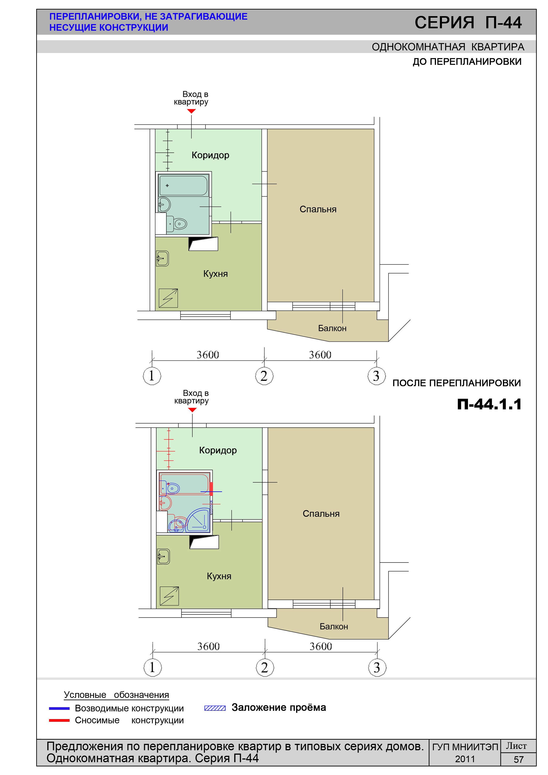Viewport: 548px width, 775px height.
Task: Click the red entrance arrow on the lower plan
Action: [x=192, y=410]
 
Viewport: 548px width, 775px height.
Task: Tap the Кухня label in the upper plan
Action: [x=215, y=274]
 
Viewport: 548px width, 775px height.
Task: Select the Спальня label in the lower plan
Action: [x=321, y=514]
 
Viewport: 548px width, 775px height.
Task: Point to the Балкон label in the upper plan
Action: [x=332, y=328]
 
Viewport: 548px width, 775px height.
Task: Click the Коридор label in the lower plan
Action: [x=218, y=450]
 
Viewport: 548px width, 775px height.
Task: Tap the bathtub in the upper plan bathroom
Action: [x=183, y=185]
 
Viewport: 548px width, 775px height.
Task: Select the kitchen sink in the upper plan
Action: [x=162, y=258]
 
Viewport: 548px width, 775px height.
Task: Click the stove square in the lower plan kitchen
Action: [x=169, y=596]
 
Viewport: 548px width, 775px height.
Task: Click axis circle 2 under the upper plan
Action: [x=264, y=376]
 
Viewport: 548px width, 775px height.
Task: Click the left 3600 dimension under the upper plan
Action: [x=208, y=355]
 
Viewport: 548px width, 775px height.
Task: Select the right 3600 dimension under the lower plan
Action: [x=321, y=646]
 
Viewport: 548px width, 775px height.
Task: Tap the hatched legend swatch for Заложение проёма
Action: [x=215, y=708]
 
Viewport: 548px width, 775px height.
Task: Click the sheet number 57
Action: [x=519, y=760]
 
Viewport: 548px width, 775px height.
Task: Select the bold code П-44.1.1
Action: [x=489, y=404]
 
